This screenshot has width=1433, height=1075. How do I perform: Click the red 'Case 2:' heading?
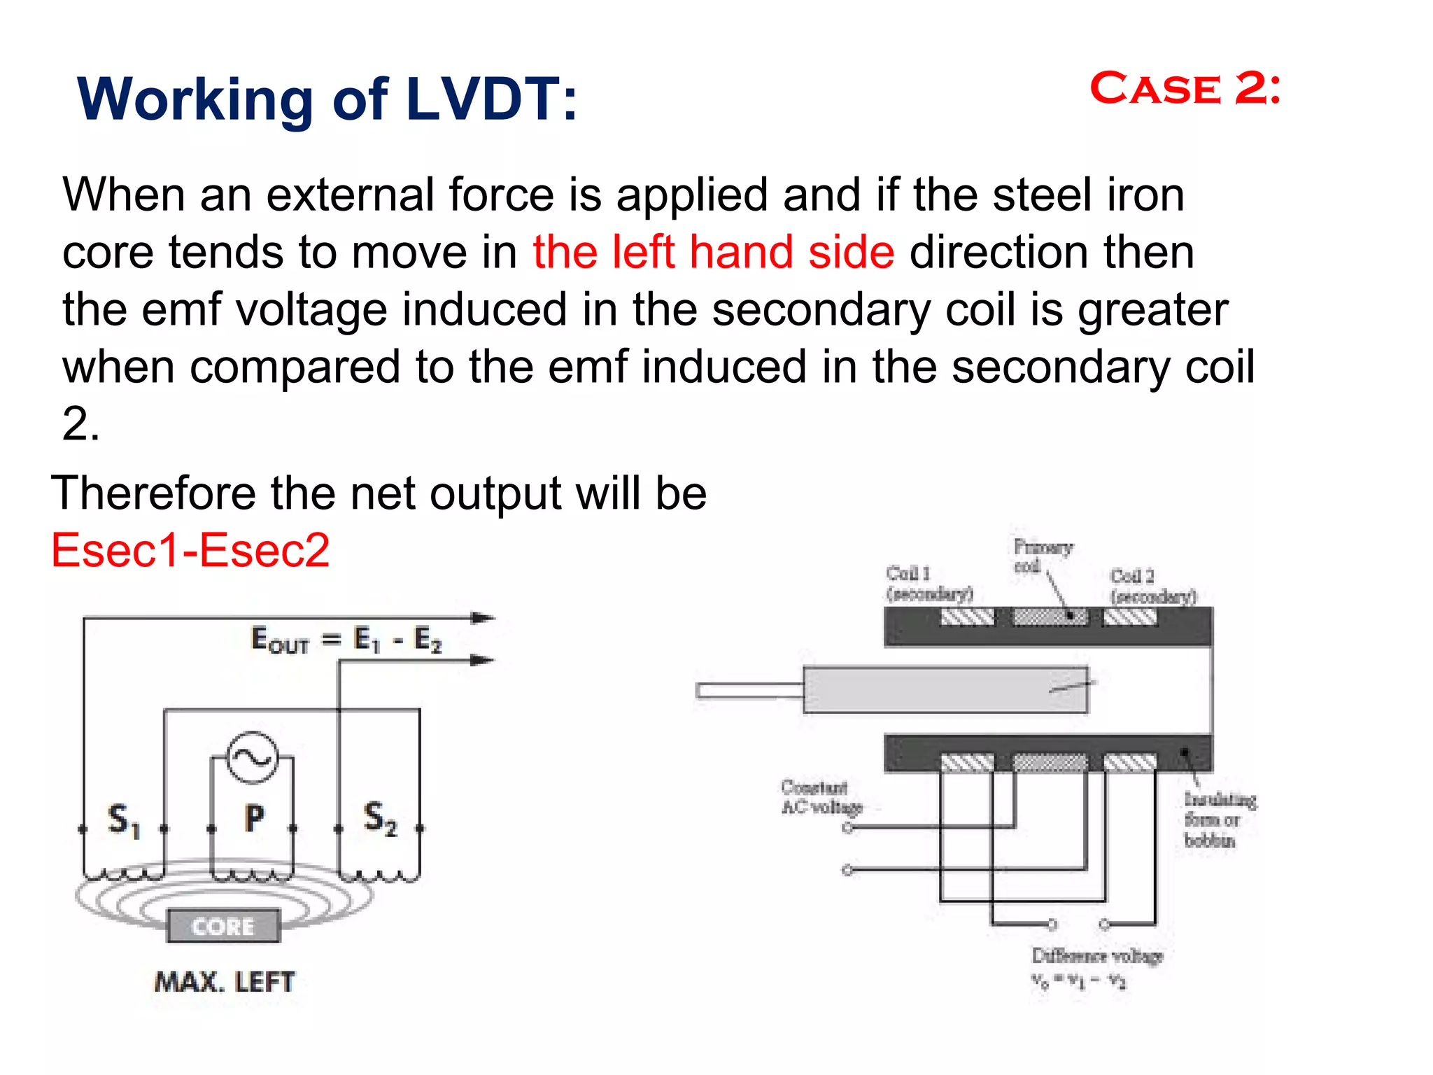pyautogui.click(x=1185, y=90)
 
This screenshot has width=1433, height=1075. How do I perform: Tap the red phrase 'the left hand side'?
pyautogui.click(x=713, y=252)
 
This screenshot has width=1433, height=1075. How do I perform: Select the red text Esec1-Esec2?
pyautogui.click(x=190, y=550)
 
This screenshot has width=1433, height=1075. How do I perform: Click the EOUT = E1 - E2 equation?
pyautogui.click(x=346, y=640)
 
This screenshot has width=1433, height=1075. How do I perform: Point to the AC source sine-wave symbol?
pyautogui.click(x=253, y=758)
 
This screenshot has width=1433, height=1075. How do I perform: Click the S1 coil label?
pyautogui.click(x=124, y=819)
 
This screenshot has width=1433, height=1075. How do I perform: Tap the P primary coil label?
pyautogui.click(x=254, y=818)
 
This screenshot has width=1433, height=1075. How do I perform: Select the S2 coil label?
pyautogui.click(x=380, y=818)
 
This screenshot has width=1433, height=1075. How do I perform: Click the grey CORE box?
pyautogui.click(x=223, y=927)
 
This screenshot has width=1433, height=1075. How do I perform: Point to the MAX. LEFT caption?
pyautogui.click(x=225, y=982)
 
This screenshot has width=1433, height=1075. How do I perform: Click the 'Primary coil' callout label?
pyautogui.click(x=1042, y=556)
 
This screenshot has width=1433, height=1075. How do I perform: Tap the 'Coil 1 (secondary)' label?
pyautogui.click(x=929, y=584)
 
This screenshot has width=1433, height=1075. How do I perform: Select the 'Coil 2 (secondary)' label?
pyautogui.click(x=1152, y=586)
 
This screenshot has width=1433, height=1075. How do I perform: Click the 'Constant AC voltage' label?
pyautogui.click(x=820, y=797)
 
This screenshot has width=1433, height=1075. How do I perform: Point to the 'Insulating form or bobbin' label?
pyautogui.click(x=1220, y=819)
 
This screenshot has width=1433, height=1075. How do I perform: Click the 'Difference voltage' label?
pyautogui.click(x=1097, y=956)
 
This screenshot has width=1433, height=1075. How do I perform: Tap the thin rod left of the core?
pyautogui.click(x=749, y=691)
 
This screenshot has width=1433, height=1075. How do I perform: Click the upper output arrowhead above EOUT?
pyautogui.click(x=483, y=618)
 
